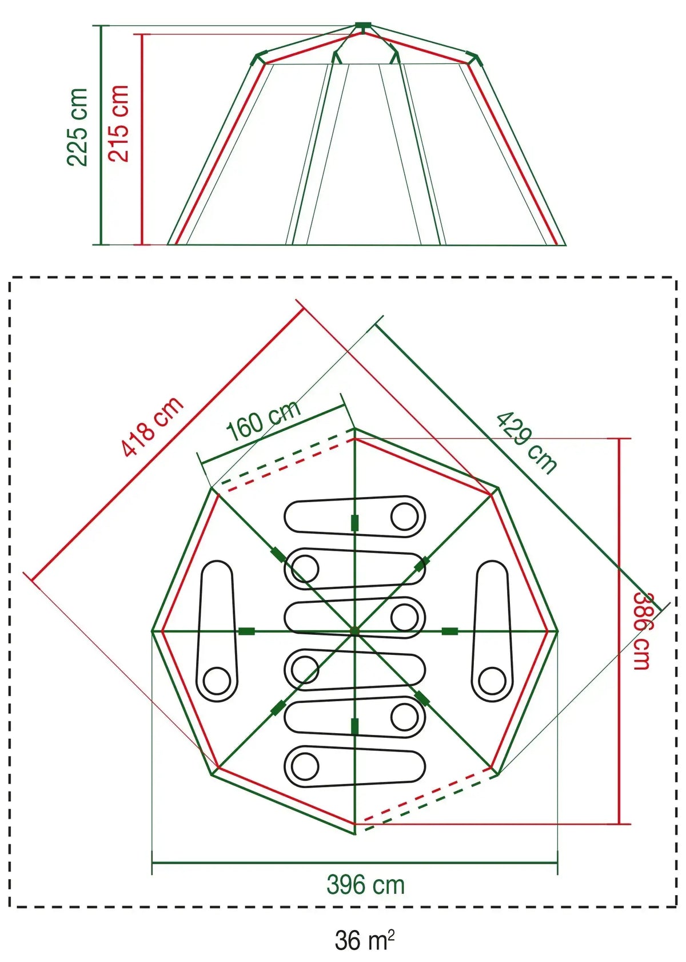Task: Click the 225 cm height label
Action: tap(77, 127)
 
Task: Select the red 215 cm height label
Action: tap(118, 124)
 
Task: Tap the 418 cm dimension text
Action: tap(153, 427)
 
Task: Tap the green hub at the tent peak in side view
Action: tap(363, 26)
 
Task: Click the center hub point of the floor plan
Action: tap(354, 631)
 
